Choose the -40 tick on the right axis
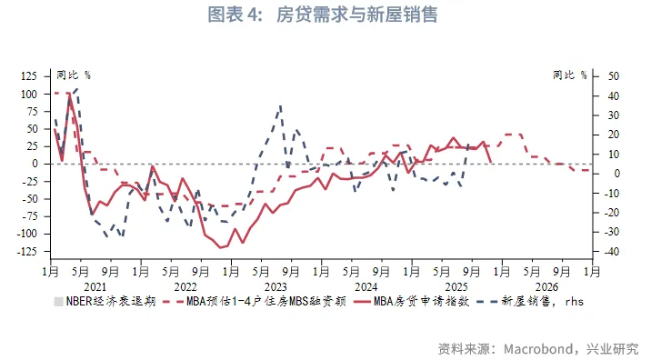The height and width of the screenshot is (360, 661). (x=603, y=251)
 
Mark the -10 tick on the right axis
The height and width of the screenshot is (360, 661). (x=603, y=193)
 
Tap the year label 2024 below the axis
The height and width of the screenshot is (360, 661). (x=366, y=284)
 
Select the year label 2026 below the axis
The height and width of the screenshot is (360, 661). (x=546, y=284)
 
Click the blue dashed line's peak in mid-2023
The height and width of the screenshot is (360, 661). (x=280, y=106)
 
